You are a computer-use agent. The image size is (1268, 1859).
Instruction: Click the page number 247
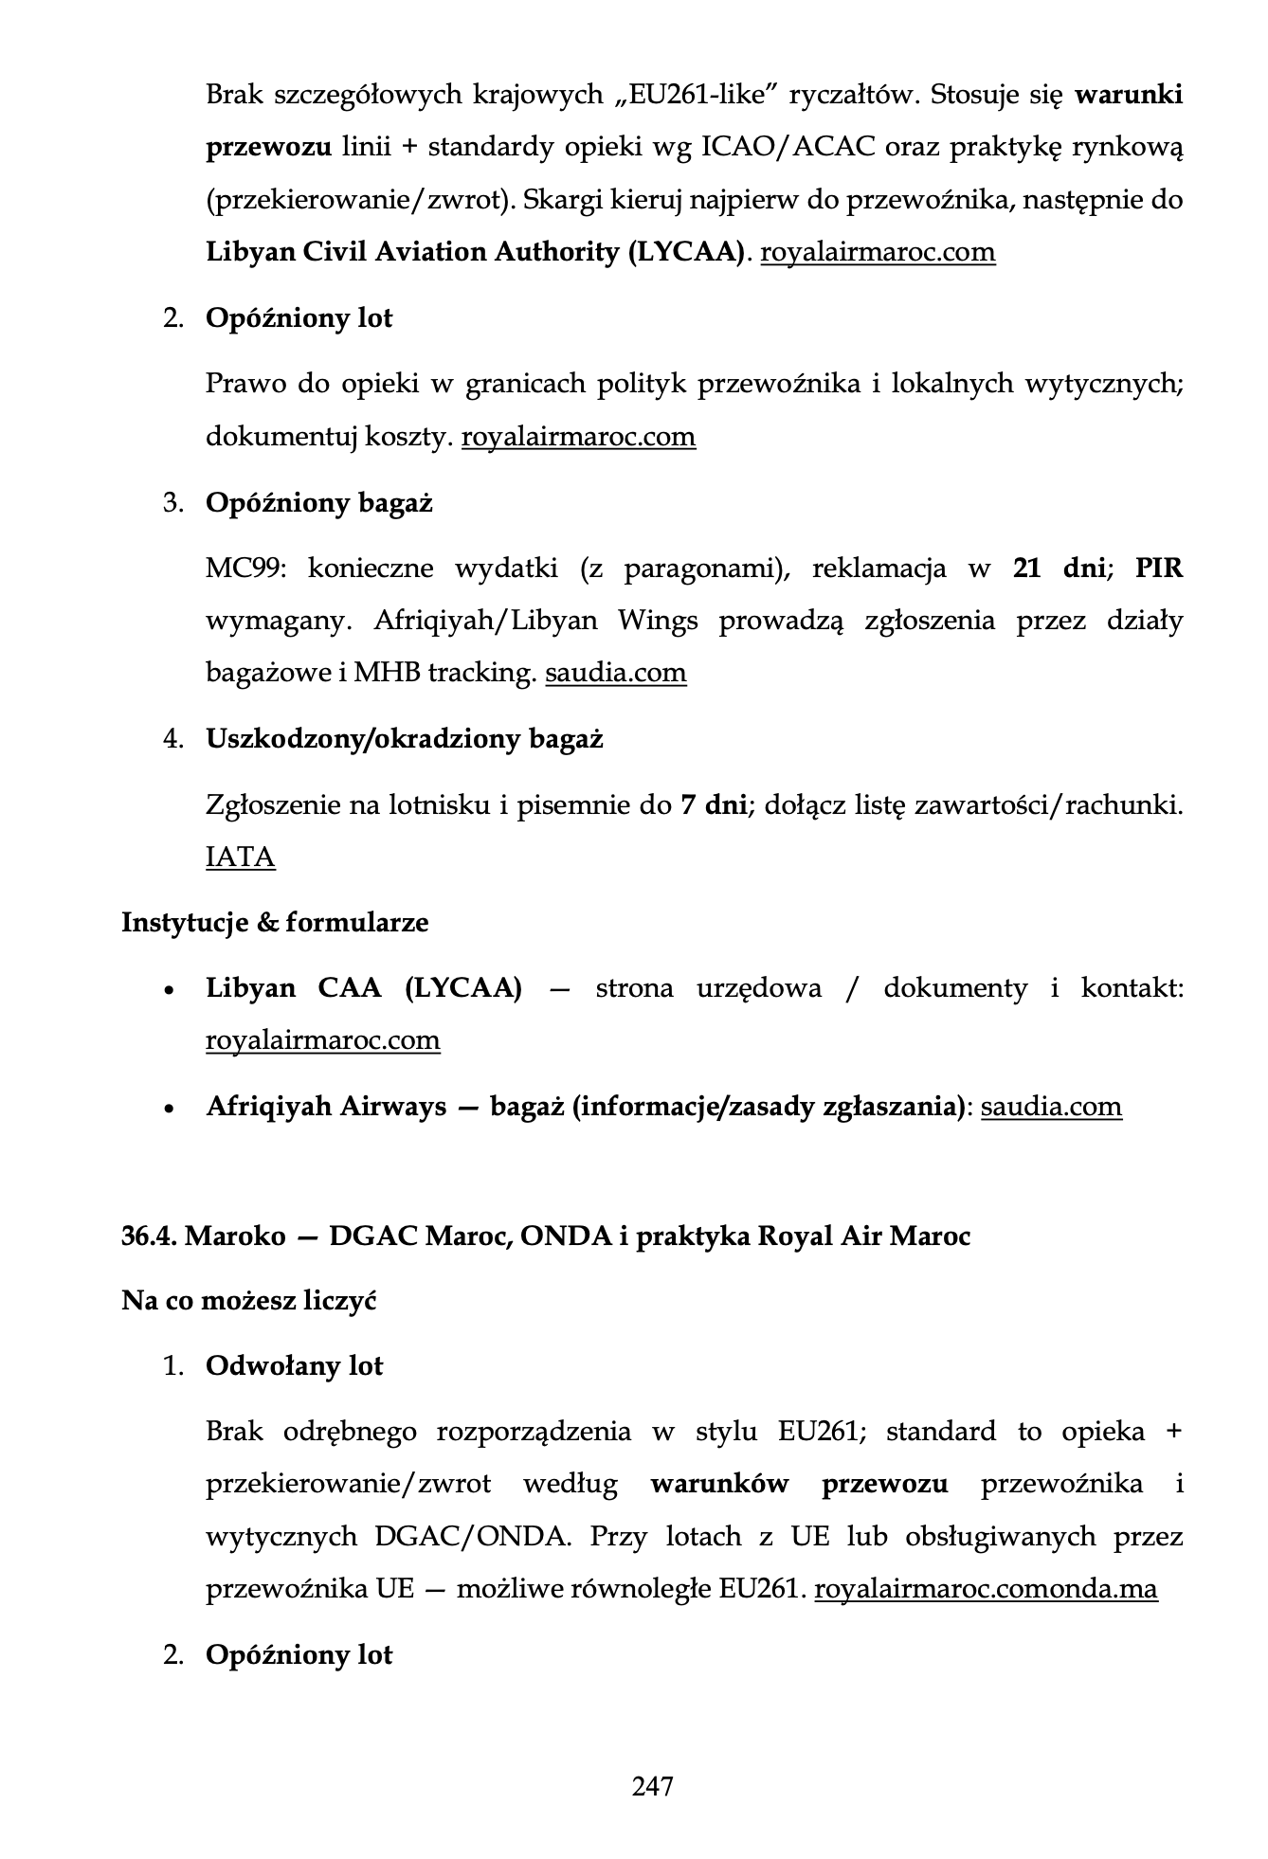[x=652, y=1786]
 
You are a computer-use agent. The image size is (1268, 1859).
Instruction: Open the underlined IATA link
[x=241, y=857]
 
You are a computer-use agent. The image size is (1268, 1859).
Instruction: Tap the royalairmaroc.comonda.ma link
[x=986, y=1588]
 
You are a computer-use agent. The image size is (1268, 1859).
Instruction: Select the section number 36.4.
[x=148, y=1236]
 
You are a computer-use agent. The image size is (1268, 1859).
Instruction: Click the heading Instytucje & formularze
[x=275, y=922]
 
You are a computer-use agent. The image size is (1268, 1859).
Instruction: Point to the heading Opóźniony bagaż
[x=318, y=502]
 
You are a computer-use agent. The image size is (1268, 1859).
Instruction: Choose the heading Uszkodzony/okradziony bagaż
[x=405, y=738]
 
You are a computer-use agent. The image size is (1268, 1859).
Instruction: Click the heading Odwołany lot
[x=294, y=1365]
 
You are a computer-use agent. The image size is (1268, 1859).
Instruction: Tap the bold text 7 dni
[x=714, y=805]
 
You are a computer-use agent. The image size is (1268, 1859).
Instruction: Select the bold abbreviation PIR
[x=1159, y=569]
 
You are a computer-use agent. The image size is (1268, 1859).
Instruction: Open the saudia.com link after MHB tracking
[x=616, y=673]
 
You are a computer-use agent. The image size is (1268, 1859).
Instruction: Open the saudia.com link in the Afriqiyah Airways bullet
[x=1051, y=1107]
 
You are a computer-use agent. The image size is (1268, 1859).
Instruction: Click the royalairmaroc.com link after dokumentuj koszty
[x=578, y=437]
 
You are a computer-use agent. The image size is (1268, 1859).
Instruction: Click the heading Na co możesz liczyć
[x=248, y=1300]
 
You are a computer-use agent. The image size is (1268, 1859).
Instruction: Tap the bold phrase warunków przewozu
[x=799, y=1483]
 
